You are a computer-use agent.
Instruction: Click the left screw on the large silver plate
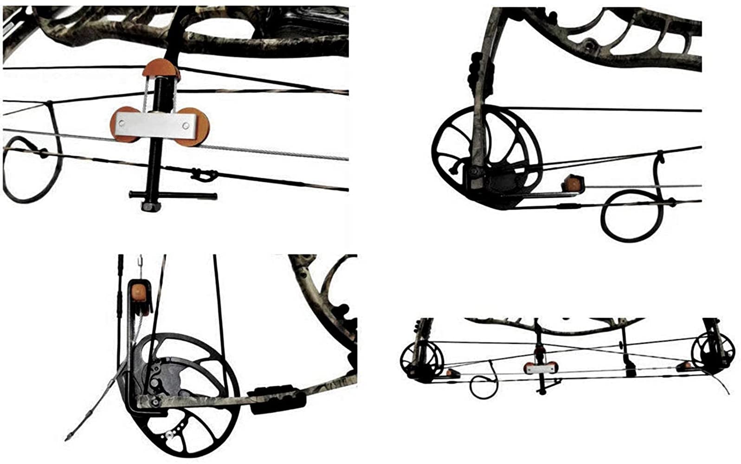[122, 123]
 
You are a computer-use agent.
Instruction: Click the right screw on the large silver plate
[186, 125]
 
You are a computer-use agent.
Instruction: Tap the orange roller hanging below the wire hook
[139, 292]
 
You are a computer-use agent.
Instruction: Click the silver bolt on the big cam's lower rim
[169, 434]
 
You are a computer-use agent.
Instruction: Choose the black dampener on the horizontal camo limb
[277, 401]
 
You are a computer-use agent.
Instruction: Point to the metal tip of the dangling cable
[69, 437]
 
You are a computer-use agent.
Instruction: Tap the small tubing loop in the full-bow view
[483, 385]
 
